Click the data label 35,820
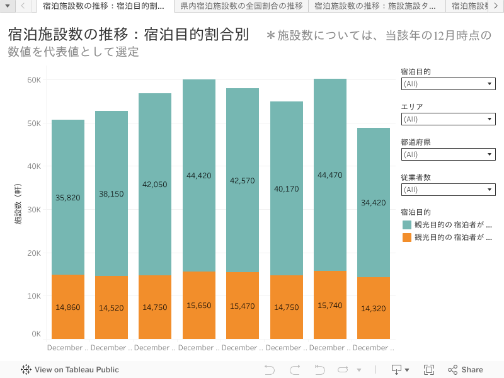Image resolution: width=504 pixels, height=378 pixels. [x=67, y=198]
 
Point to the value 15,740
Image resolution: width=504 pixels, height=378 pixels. [x=329, y=305]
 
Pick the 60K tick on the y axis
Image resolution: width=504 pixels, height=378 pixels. [x=33, y=80]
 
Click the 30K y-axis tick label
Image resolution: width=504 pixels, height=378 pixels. [x=33, y=210]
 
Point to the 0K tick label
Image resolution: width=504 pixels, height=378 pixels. [x=36, y=335]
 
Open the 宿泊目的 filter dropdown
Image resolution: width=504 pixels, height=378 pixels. [x=448, y=84]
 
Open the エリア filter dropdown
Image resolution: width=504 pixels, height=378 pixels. [x=448, y=119]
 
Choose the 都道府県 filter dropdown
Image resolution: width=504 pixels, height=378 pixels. [x=448, y=154]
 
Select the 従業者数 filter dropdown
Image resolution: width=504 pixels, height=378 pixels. [x=448, y=190]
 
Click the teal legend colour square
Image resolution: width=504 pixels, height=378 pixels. [x=406, y=225]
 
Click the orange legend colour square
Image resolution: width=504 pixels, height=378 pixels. [x=406, y=238]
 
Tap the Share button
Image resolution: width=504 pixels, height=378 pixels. [x=466, y=370]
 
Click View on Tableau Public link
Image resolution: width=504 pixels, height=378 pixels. [x=70, y=370]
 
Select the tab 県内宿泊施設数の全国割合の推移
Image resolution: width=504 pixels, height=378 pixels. [x=241, y=6]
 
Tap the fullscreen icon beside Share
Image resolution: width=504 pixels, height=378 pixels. [x=429, y=370]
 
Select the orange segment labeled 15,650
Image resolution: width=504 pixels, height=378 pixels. [x=198, y=305]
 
